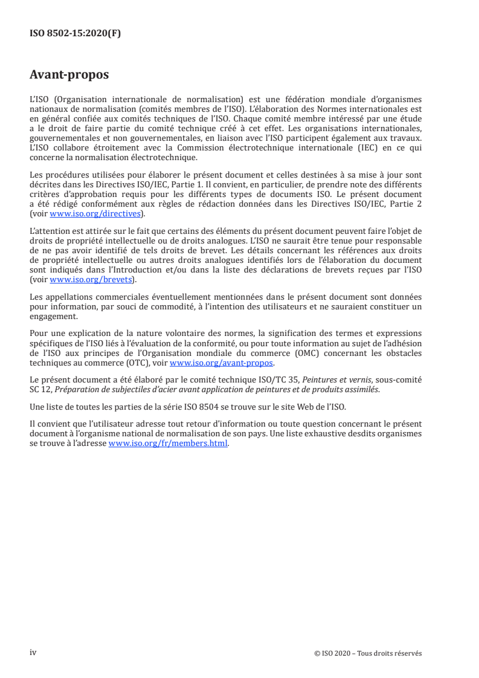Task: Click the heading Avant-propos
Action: click(x=69, y=76)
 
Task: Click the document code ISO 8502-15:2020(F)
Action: click(x=76, y=34)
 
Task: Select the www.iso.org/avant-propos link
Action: click(x=222, y=363)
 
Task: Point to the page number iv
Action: click(x=33, y=652)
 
